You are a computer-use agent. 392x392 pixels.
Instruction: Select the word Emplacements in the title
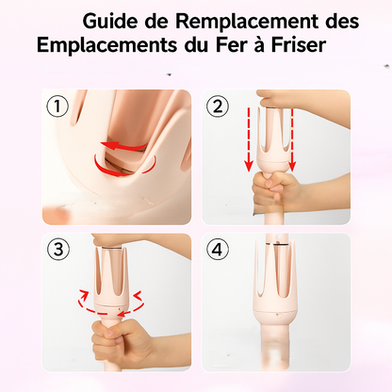point(106,45)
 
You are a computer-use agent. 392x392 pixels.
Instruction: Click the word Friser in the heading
point(298,45)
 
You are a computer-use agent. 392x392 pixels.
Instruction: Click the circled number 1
point(57,106)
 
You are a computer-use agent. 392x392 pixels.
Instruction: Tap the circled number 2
point(218,106)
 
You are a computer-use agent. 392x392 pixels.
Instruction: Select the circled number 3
point(58,250)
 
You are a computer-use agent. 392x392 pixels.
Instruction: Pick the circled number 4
point(218,250)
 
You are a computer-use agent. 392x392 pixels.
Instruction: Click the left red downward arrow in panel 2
point(249,139)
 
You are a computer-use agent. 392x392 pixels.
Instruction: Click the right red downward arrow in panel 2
point(292,140)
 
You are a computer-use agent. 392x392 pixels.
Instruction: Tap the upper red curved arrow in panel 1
point(123,146)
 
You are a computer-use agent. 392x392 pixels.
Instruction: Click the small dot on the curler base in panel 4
point(277,315)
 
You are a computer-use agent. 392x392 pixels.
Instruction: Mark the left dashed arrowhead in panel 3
point(84,295)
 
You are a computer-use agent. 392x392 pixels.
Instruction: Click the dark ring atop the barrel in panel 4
point(276,244)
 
